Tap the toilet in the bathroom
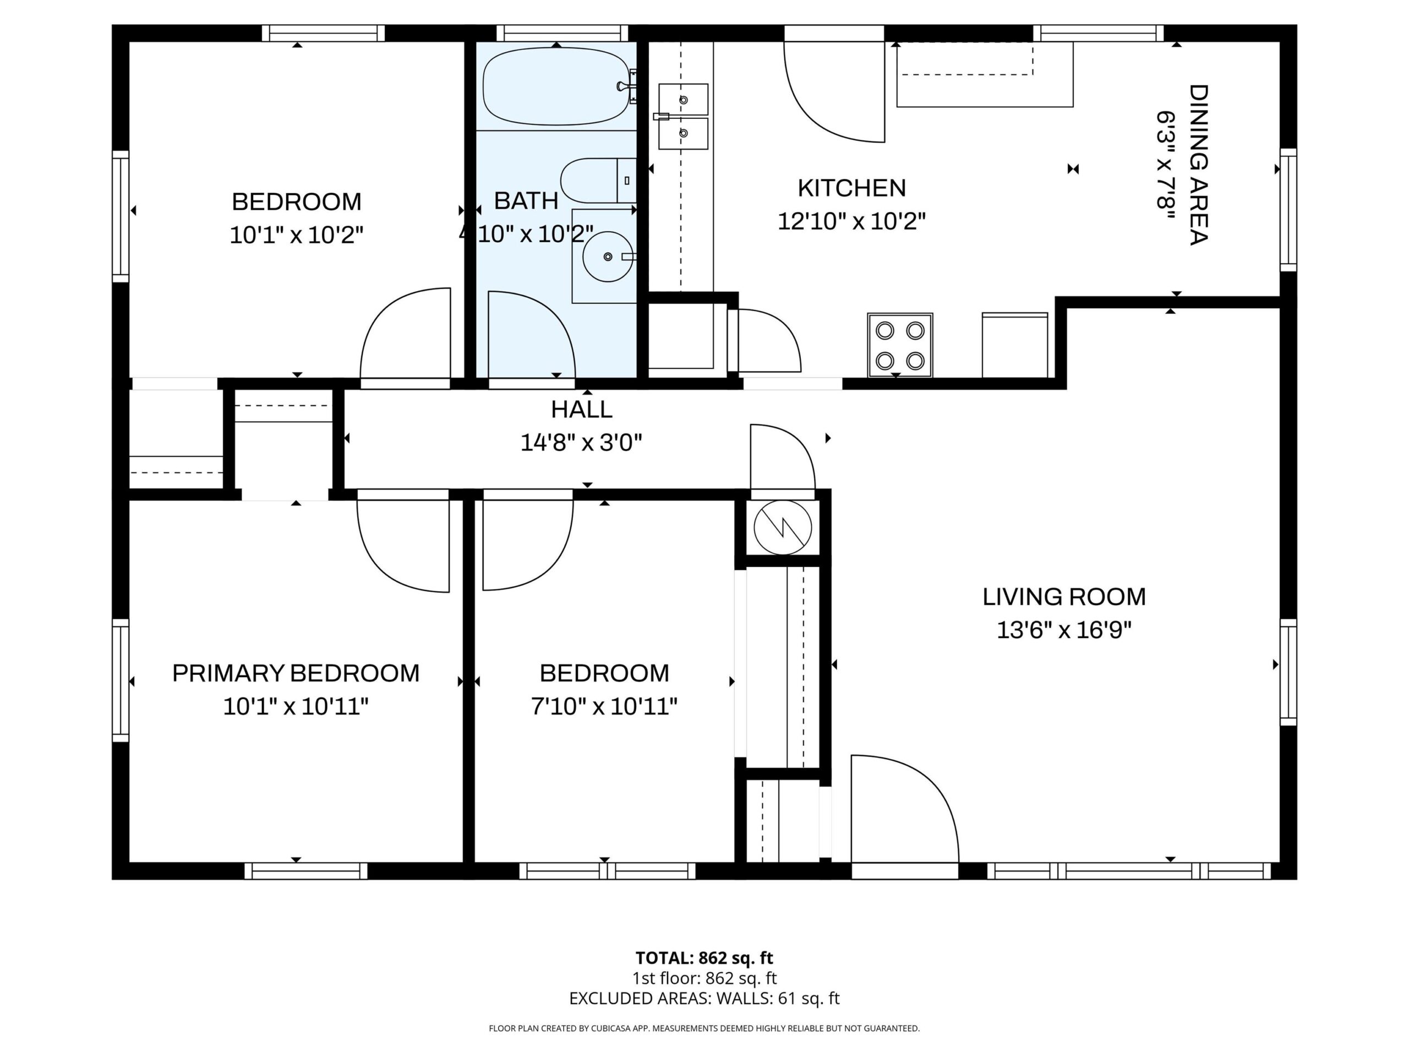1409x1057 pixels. click(598, 181)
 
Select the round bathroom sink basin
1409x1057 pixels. click(608, 256)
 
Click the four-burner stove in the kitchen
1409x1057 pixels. click(899, 345)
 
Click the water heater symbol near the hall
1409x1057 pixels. click(782, 527)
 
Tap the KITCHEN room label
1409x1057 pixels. click(851, 188)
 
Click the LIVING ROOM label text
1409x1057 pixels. click(1064, 597)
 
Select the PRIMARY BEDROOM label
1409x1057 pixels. click(296, 673)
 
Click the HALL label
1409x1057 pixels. click(582, 409)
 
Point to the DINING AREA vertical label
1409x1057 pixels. click(1199, 165)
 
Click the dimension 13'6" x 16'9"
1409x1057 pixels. click(1064, 630)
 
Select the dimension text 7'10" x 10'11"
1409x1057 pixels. click(604, 706)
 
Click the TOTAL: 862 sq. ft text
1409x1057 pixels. click(704, 957)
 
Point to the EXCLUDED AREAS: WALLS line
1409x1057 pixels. click(704, 999)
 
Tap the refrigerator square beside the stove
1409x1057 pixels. click(1015, 345)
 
